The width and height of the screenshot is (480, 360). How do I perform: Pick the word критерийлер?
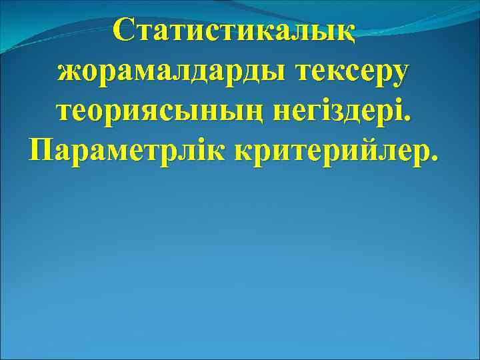[x=332, y=150]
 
